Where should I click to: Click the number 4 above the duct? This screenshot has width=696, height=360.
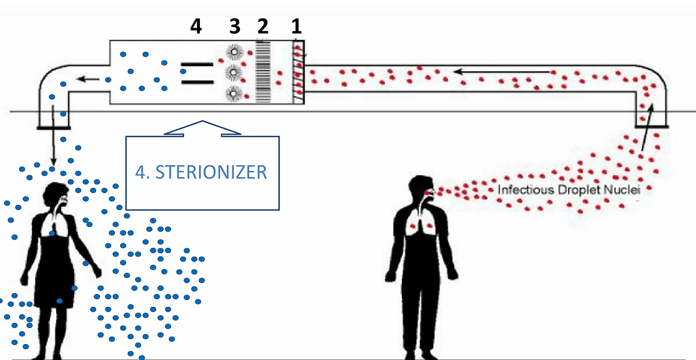tap(196, 26)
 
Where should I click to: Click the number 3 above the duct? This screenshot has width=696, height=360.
tap(235, 26)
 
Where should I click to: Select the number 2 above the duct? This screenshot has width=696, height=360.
tap(263, 26)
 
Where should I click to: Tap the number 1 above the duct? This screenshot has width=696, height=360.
tap(296, 26)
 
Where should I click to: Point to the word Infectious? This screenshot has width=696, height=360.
tap(523, 190)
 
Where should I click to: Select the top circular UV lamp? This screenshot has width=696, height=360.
tap(234, 51)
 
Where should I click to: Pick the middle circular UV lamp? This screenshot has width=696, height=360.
tap(234, 72)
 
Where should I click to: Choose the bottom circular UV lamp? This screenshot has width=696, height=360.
tap(234, 93)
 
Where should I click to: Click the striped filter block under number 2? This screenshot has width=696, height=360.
tap(262, 72)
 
